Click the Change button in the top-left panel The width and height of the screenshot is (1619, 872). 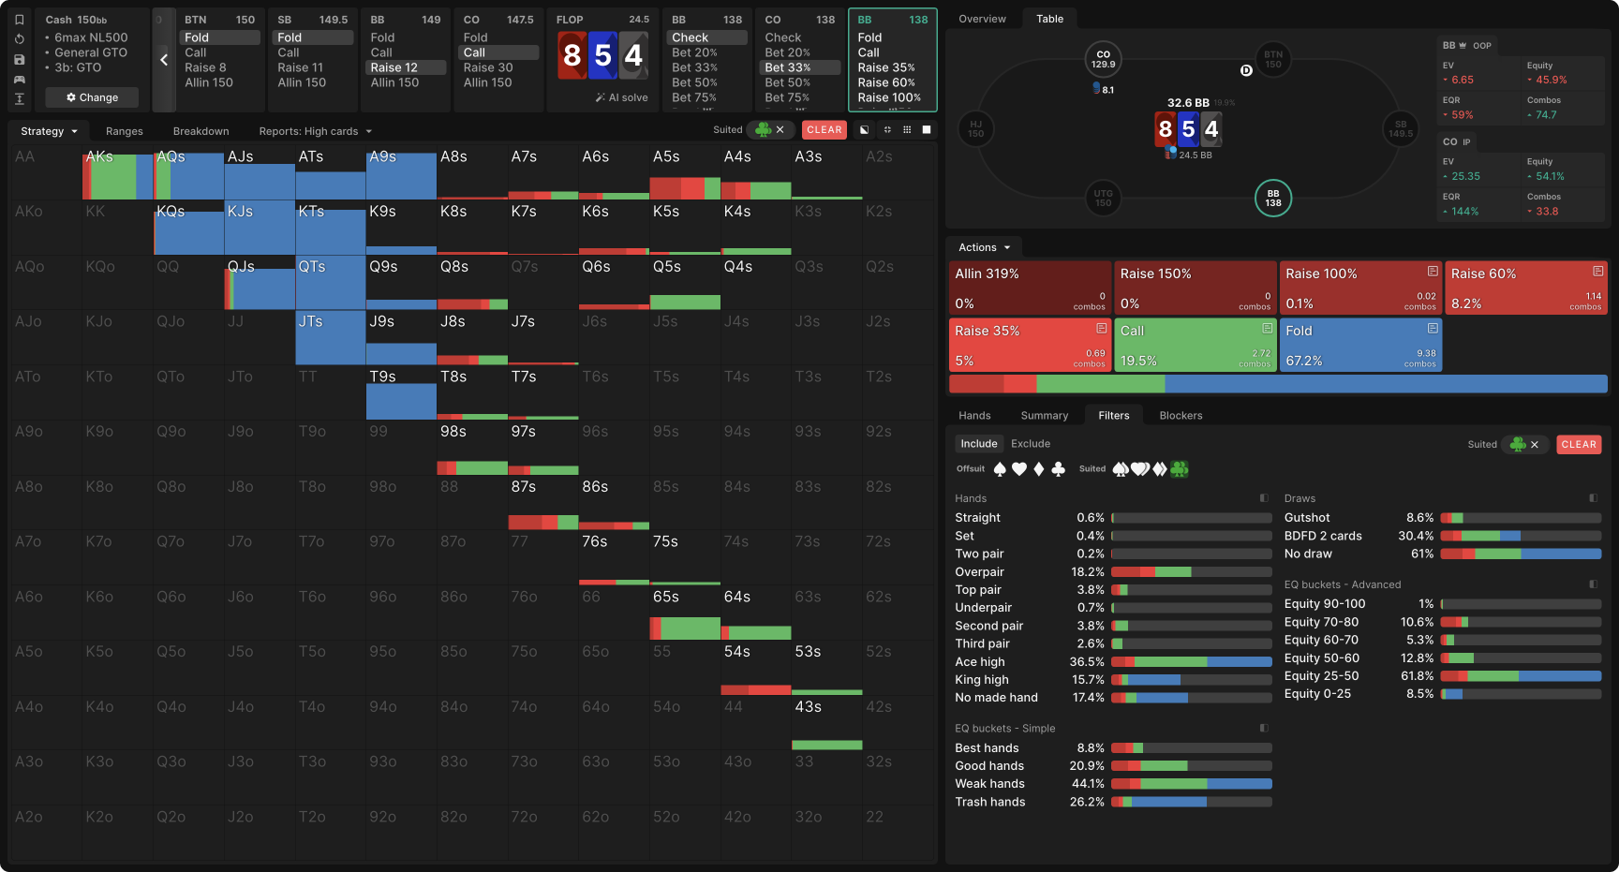pos(92,97)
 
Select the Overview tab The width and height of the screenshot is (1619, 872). pos(982,19)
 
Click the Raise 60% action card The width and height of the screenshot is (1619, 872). pos(1524,288)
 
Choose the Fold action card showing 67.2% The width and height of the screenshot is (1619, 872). pos(1359,345)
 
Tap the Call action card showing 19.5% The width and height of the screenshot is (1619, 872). pos(1195,345)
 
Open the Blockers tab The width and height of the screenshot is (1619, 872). pos(1181,416)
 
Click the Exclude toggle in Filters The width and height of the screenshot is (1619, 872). pos(1031,444)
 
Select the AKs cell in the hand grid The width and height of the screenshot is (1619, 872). pos(118,172)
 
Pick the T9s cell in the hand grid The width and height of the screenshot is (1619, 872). pos(401,392)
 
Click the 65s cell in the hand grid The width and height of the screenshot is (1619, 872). pos(685,613)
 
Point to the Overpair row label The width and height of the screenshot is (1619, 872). pos(979,572)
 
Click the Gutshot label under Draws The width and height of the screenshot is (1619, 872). pos(1307,518)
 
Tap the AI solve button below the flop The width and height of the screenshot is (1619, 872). pos(621,97)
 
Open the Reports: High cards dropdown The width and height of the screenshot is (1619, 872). pos(315,131)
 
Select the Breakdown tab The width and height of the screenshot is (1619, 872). pos(201,131)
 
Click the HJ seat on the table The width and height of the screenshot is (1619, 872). pos(975,129)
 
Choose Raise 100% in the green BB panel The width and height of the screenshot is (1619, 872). pos(889,97)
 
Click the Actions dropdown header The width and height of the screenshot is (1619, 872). pos(984,247)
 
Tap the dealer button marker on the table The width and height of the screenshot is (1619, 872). pos(1246,70)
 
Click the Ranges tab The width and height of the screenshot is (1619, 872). pos(125,131)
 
